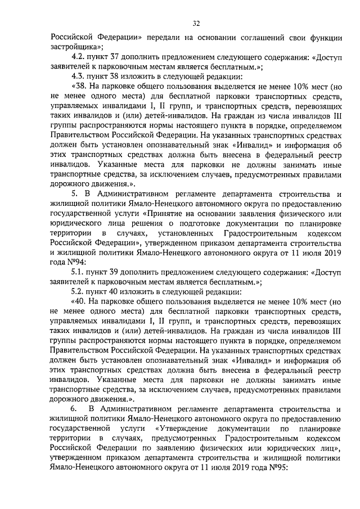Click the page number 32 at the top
[197, 23]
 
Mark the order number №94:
[78, 262]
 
